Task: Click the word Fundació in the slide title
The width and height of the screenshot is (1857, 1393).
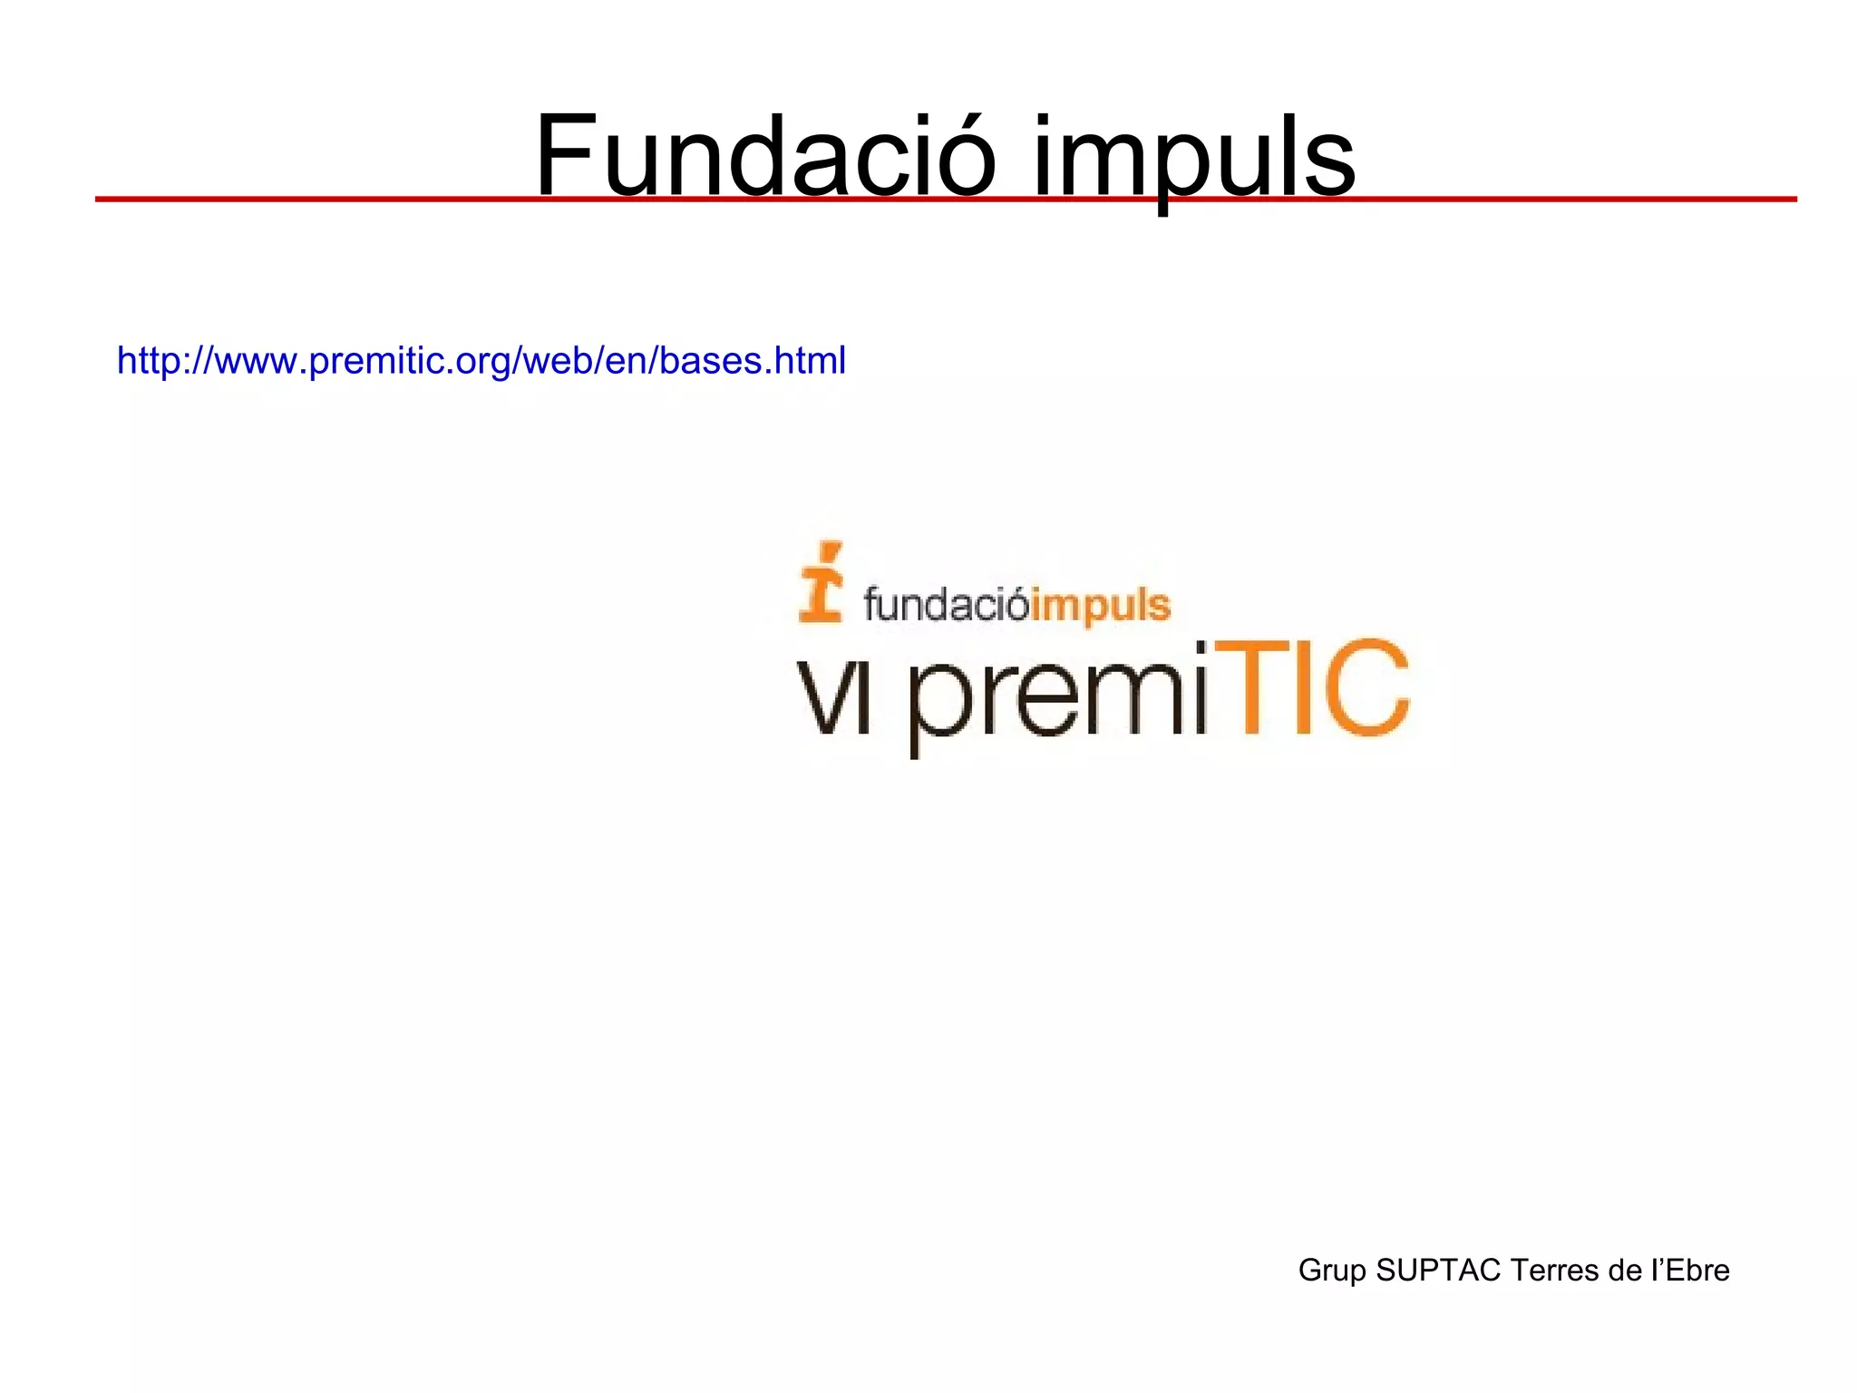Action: pyautogui.click(x=764, y=156)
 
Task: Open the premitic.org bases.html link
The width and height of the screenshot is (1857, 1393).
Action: pyautogui.click(x=481, y=361)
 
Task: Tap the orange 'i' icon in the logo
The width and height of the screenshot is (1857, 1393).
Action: pyautogui.click(x=821, y=582)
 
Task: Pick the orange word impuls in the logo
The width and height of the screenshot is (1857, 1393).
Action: pyautogui.click(x=1101, y=606)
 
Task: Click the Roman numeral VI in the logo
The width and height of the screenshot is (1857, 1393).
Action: pyautogui.click(x=833, y=698)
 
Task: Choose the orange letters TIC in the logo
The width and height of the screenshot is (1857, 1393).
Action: pyautogui.click(x=1311, y=687)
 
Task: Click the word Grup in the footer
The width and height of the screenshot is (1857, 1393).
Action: pyautogui.click(x=1332, y=1271)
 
